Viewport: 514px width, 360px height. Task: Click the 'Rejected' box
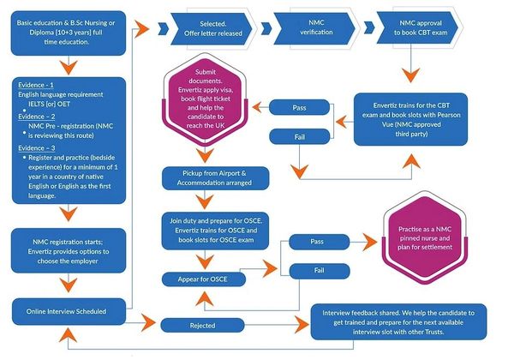pos(204,325)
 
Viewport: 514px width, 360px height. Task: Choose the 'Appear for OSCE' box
pos(203,279)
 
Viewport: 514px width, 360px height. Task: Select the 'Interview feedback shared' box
pos(398,321)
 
